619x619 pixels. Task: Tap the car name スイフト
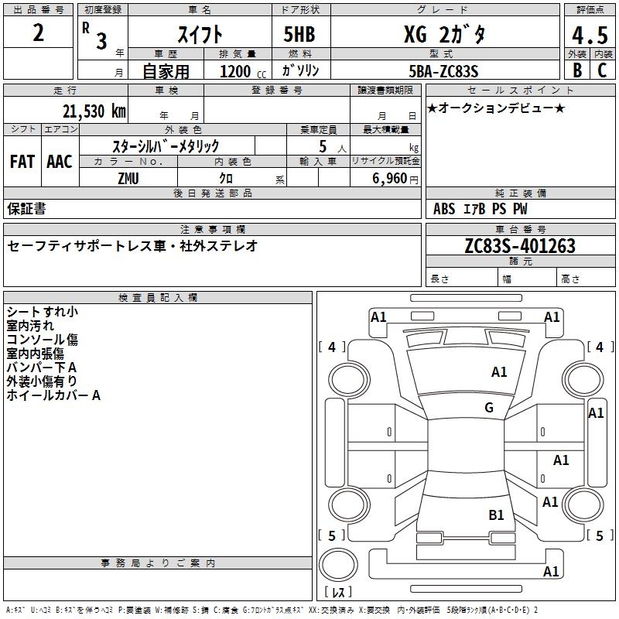pyautogui.click(x=200, y=34)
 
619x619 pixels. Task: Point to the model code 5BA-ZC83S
pyautogui.click(x=444, y=71)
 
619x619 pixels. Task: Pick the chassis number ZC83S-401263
pyautogui.click(x=519, y=246)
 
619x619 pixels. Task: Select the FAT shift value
pyautogui.click(x=22, y=162)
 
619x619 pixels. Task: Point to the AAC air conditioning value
pyautogui.click(x=60, y=162)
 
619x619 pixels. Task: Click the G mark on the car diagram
pyautogui.click(x=489, y=408)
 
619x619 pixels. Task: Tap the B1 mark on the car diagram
pyautogui.click(x=496, y=515)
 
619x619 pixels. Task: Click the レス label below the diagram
pyautogui.click(x=338, y=593)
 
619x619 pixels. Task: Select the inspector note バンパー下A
pyautogui.click(x=41, y=368)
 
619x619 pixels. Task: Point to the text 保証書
pyautogui.click(x=26, y=208)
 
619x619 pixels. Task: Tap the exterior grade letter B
pyautogui.click(x=577, y=70)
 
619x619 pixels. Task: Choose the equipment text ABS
pyautogui.click(x=444, y=209)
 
